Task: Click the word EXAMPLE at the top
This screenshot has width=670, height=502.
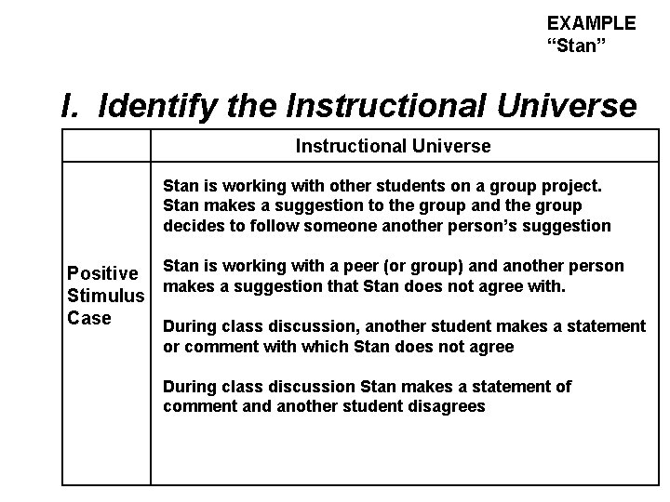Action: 591,23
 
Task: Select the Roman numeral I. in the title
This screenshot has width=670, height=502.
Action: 73,106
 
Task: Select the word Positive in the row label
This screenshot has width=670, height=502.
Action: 102,274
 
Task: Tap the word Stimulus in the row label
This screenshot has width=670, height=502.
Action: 106,297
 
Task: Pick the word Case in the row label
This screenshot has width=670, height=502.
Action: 89,318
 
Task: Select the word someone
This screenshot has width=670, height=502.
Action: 360,225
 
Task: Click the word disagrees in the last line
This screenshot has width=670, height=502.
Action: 442,406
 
